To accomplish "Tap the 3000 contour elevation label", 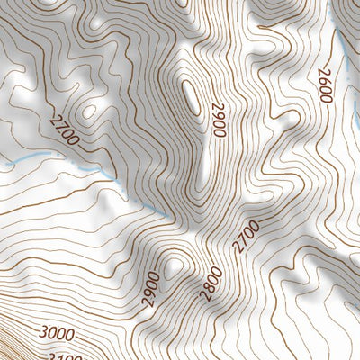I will point(57,334).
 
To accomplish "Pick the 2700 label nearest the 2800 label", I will point(245,236).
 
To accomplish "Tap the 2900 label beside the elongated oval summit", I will point(217,119).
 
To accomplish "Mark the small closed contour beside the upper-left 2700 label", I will point(88,112).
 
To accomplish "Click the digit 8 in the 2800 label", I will point(209,290).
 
